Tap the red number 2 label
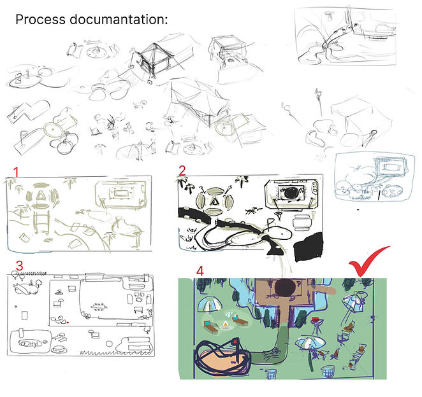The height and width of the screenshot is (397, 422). tap(182, 170)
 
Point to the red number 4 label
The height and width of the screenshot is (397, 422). tap(200, 270)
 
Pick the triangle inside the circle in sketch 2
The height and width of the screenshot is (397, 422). tap(217, 202)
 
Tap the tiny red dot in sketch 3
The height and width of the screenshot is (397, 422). tap(67, 323)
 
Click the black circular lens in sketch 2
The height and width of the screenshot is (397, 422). tap(289, 193)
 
